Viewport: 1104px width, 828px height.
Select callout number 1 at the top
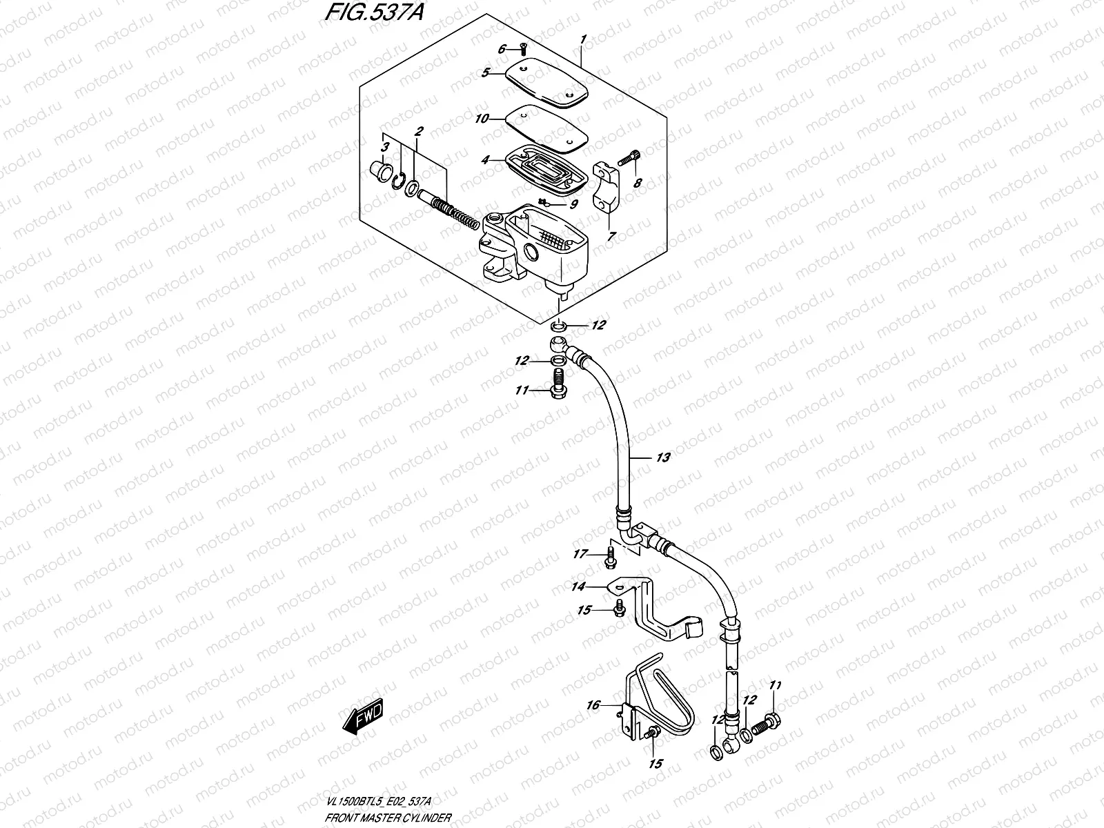(583, 39)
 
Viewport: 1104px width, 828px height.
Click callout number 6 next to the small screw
(502, 48)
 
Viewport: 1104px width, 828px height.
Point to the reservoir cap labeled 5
(545, 84)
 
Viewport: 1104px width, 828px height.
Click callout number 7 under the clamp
(611, 236)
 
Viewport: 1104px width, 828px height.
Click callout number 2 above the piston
(419, 131)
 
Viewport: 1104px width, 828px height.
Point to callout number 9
(573, 204)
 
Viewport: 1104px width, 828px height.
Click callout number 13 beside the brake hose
(662, 457)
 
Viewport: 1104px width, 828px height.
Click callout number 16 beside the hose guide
(593, 705)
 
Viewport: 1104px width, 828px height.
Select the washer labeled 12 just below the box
(560, 325)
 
